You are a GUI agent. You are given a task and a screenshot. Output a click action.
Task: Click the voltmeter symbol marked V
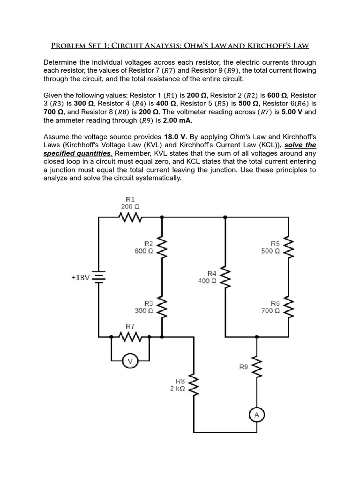pos(130,361)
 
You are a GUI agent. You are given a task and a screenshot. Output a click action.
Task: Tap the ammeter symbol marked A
pos(256,415)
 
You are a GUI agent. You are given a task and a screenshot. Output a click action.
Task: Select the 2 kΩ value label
pos(178,389)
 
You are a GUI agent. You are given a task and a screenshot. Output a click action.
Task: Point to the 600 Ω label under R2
pos(144,251)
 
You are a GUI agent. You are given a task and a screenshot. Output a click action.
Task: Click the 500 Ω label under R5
pos(271,251)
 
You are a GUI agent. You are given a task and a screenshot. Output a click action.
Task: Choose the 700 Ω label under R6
pos(271,310)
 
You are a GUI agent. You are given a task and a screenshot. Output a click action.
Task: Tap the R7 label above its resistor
pos(130,325)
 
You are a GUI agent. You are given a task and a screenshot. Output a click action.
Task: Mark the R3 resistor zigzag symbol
pos(162,307)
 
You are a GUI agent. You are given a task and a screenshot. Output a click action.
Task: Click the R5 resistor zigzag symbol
pos(289,247)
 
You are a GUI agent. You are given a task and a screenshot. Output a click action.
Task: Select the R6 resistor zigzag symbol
pos(289,307)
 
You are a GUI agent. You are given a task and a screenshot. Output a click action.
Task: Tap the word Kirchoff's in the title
pos(285,46)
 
